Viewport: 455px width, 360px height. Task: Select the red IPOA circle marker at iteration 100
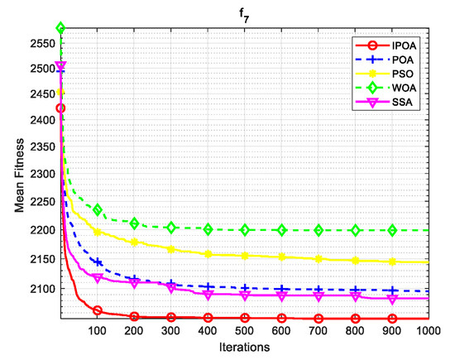pos(98,311)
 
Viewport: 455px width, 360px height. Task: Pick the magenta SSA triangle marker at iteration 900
pos(393,298)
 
